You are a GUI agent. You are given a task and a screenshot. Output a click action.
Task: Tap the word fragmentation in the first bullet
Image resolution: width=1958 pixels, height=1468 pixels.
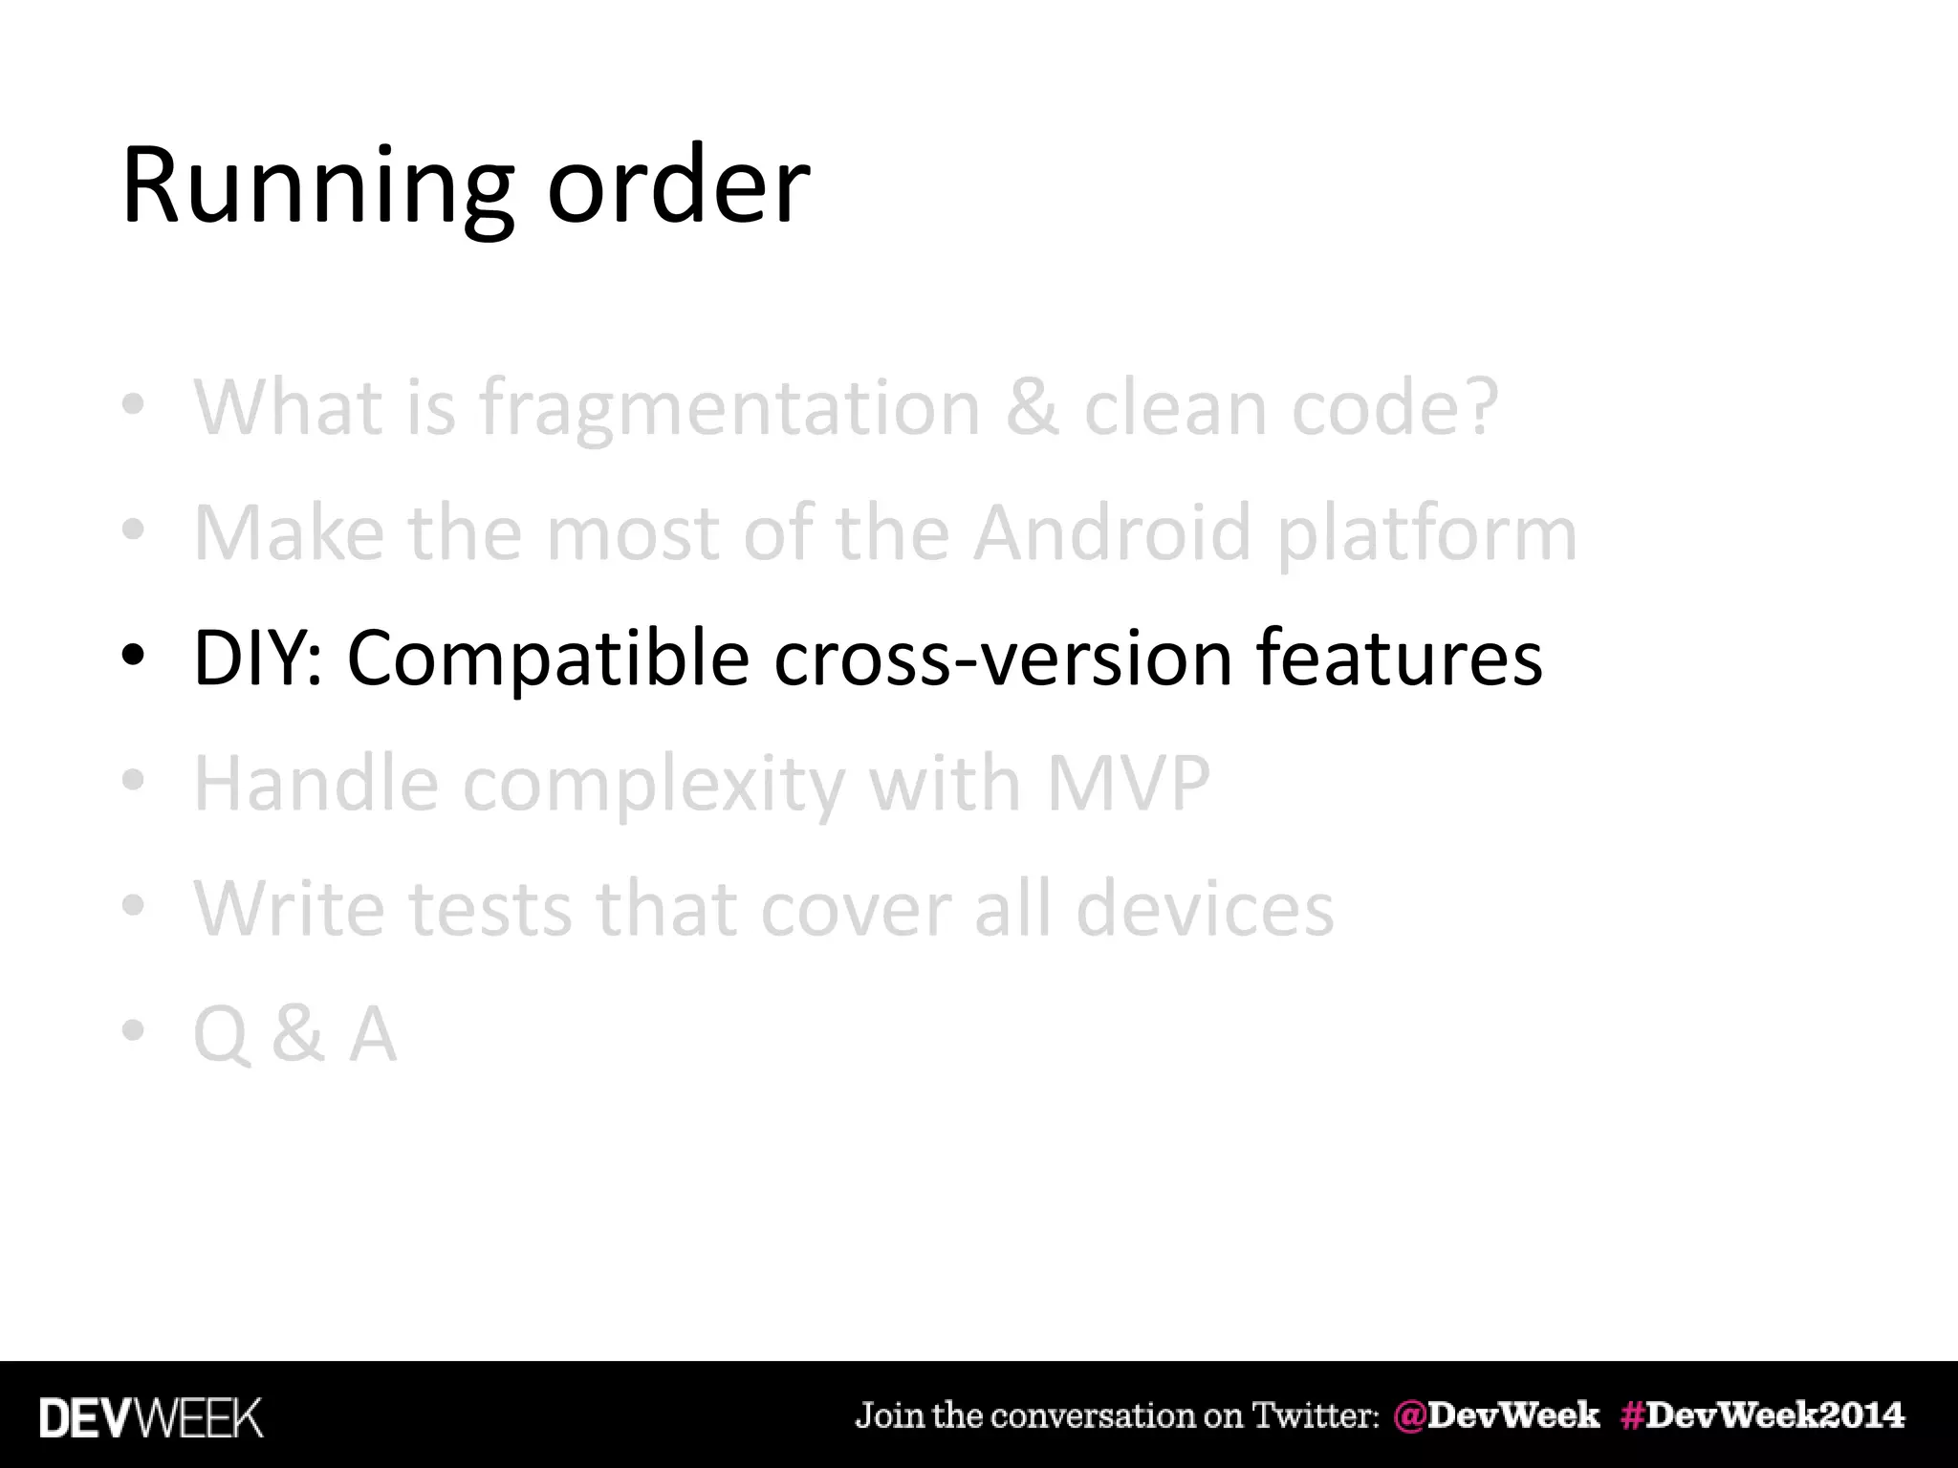[729, 409]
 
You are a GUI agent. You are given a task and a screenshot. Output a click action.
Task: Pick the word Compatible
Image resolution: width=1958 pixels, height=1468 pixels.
[548, 659]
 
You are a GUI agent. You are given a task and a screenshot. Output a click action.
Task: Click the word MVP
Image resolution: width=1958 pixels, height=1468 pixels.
[1128, 784]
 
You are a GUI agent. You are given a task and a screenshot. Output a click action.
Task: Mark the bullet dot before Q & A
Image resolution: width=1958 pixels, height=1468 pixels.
[133, 1031]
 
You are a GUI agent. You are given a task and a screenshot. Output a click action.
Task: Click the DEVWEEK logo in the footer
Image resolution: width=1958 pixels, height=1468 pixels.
[150, 1418]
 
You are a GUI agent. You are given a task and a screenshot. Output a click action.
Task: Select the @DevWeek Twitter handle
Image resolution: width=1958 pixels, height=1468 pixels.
[1496, 1415]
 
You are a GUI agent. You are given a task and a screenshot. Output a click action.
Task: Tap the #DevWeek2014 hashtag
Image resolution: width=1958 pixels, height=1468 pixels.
[1762, 1415]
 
